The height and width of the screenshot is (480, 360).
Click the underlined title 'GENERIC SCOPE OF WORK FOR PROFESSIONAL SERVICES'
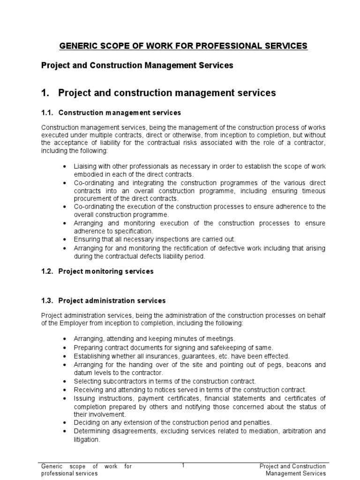coord(183,46)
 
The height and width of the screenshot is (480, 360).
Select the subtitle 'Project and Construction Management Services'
coord(137,66)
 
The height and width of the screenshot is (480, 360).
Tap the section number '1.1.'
coord(48,113)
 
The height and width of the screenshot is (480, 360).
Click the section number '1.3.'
coord(48,300)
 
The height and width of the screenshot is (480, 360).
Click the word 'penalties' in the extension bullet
coord(257,422)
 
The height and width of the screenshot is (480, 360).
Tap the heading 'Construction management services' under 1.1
coord(119,113)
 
